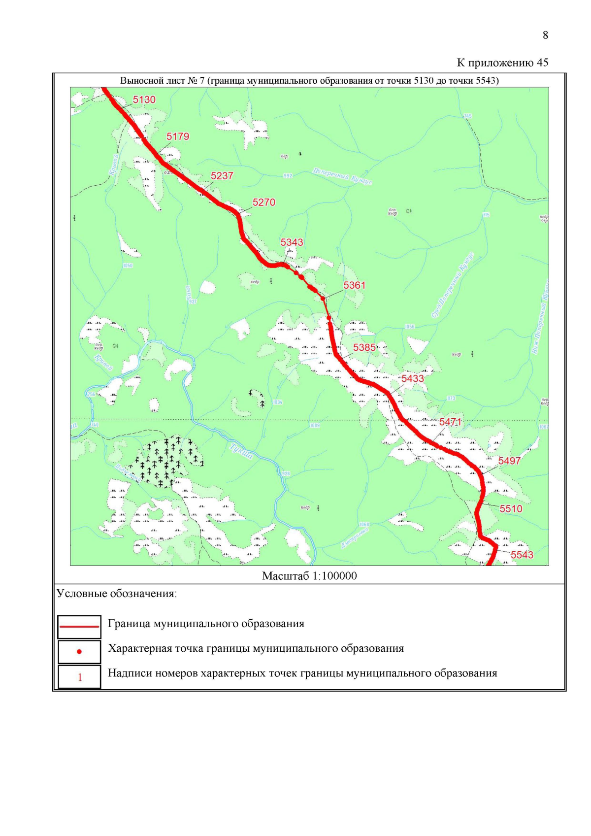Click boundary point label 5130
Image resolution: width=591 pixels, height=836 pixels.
(x=144, y=100)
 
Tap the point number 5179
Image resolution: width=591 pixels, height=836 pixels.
(x=177, y=136)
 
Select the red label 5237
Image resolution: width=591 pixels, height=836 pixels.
(x=222, y=176)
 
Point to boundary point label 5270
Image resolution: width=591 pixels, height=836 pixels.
(x=263, y=202)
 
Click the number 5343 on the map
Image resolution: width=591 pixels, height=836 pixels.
(x=292, y=242)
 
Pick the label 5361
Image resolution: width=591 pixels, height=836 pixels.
(x=354, y=285)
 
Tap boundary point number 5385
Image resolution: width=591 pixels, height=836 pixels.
(x=364, y=347)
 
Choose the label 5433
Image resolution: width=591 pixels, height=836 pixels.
(x=412, y=379)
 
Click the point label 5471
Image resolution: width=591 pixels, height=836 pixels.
(x=450, y=422)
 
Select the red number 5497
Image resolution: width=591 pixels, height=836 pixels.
(x=509, y=461)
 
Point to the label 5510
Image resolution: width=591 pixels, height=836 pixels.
(x=511, y=509)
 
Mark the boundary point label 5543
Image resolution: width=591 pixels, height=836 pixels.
(x=522, y=555)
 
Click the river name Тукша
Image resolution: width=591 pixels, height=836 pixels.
(x=242, y=451)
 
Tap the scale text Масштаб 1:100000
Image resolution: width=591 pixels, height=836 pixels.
(x=309, y=576)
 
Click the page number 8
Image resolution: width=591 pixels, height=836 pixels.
(x=545, y=35)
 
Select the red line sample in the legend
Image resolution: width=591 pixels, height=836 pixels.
(x=79, y=626)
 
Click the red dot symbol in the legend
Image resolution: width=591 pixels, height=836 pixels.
(x=79, y=652)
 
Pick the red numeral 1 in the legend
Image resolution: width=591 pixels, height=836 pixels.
(x=80, y=677)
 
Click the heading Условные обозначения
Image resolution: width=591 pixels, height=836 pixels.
(x=117, y=594)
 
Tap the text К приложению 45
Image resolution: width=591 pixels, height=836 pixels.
(x=502, y=63)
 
